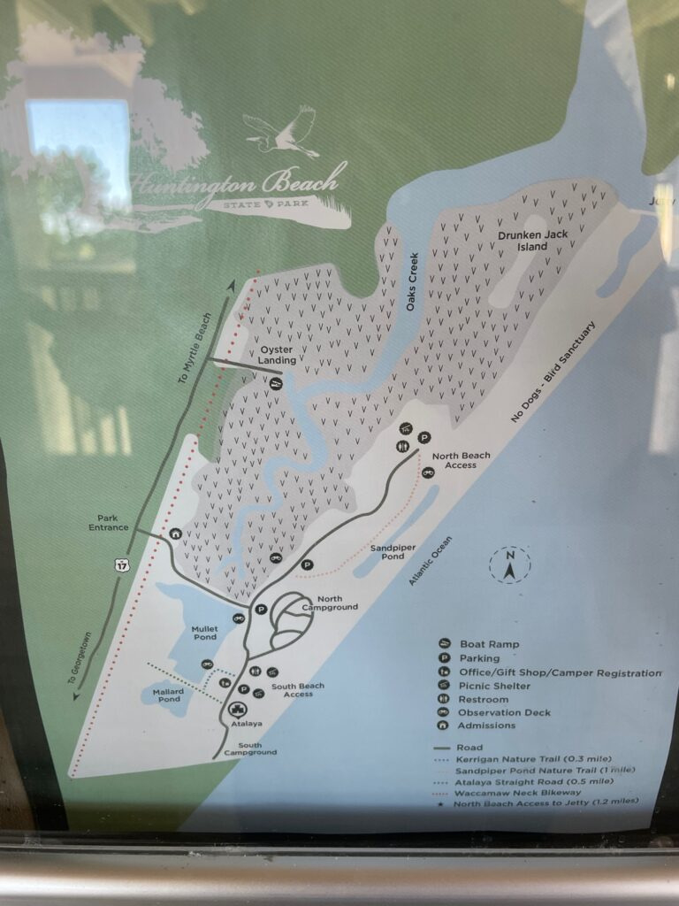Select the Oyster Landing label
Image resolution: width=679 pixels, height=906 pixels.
point(277,355)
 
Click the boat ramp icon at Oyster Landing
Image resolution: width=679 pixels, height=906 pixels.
point(276,384)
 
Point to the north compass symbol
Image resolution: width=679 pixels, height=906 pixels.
point(510,565)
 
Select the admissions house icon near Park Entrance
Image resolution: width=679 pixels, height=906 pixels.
point(176,534)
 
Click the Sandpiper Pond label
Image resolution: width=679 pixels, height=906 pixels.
point(393,553)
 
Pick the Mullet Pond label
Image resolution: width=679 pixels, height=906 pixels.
point(204,633)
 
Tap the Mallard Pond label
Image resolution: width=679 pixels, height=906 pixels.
point(167,695)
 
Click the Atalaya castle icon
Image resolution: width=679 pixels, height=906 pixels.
point(236,709)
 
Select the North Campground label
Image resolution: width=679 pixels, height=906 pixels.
point(330,603)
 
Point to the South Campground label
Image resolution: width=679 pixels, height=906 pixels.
point(249,749)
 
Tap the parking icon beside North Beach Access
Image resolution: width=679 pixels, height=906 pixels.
point(423,437)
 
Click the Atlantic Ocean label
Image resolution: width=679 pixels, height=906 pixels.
point(431,562)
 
